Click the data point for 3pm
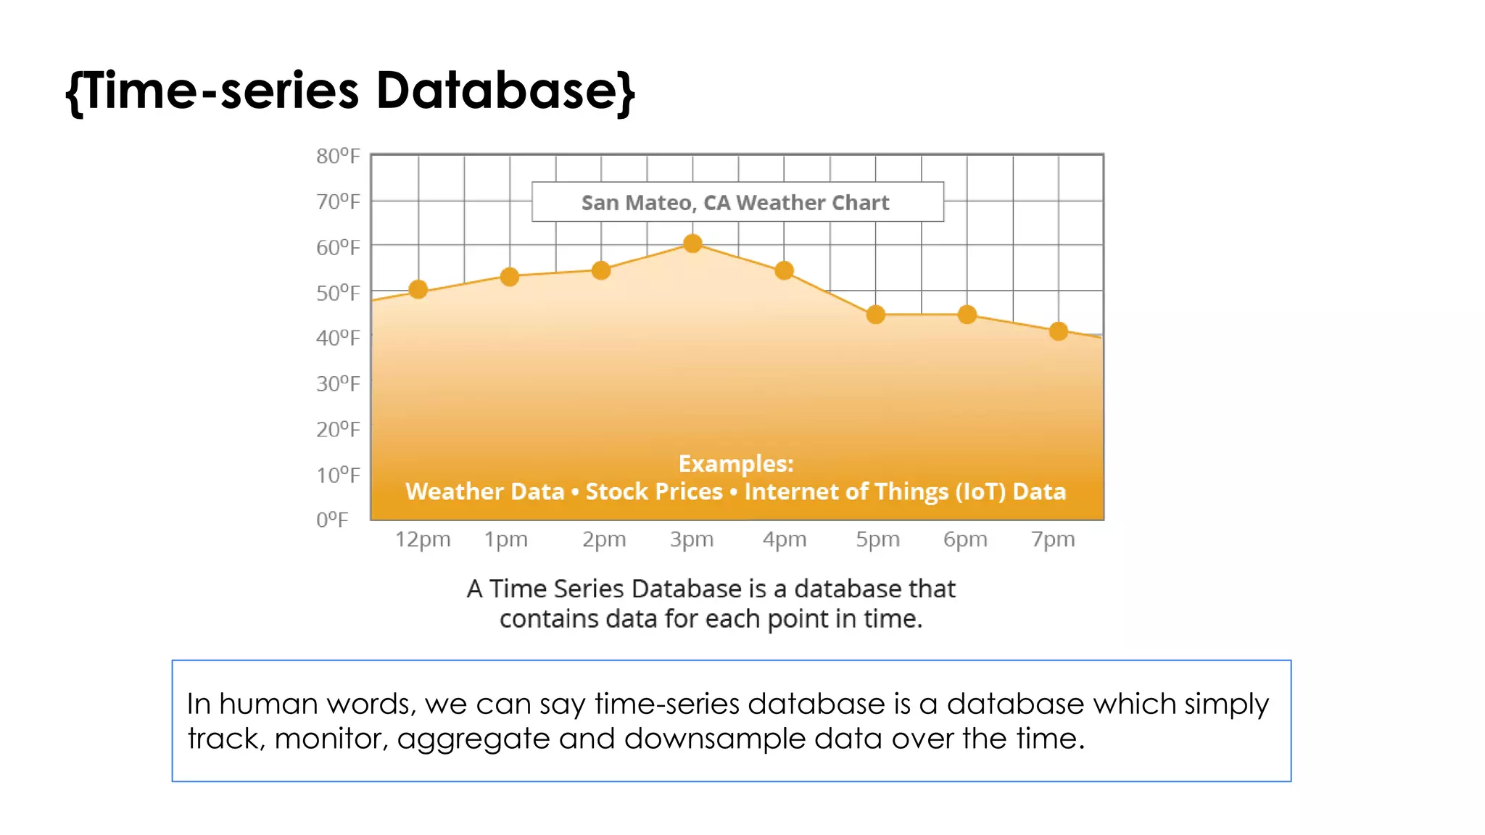(x=692, y=244)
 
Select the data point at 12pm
(x=418, y=290)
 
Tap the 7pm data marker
(x=1059, y=331)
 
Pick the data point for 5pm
(x=876, y=315)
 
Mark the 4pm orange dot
(x=784, y=271)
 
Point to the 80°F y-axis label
(x=338, y=156)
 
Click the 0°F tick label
(x=332, y=520)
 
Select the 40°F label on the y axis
(x=338, y=338)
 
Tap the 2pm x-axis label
(x=604, y=539)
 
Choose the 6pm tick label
(x=965, y=539)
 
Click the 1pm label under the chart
(x=506, y=539)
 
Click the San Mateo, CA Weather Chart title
(x=735, y=202)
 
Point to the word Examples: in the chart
(x=736, y=463)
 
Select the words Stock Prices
(x=654, y=491)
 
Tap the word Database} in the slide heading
(x=505, y=91)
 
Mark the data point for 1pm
(x=510, y=277)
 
